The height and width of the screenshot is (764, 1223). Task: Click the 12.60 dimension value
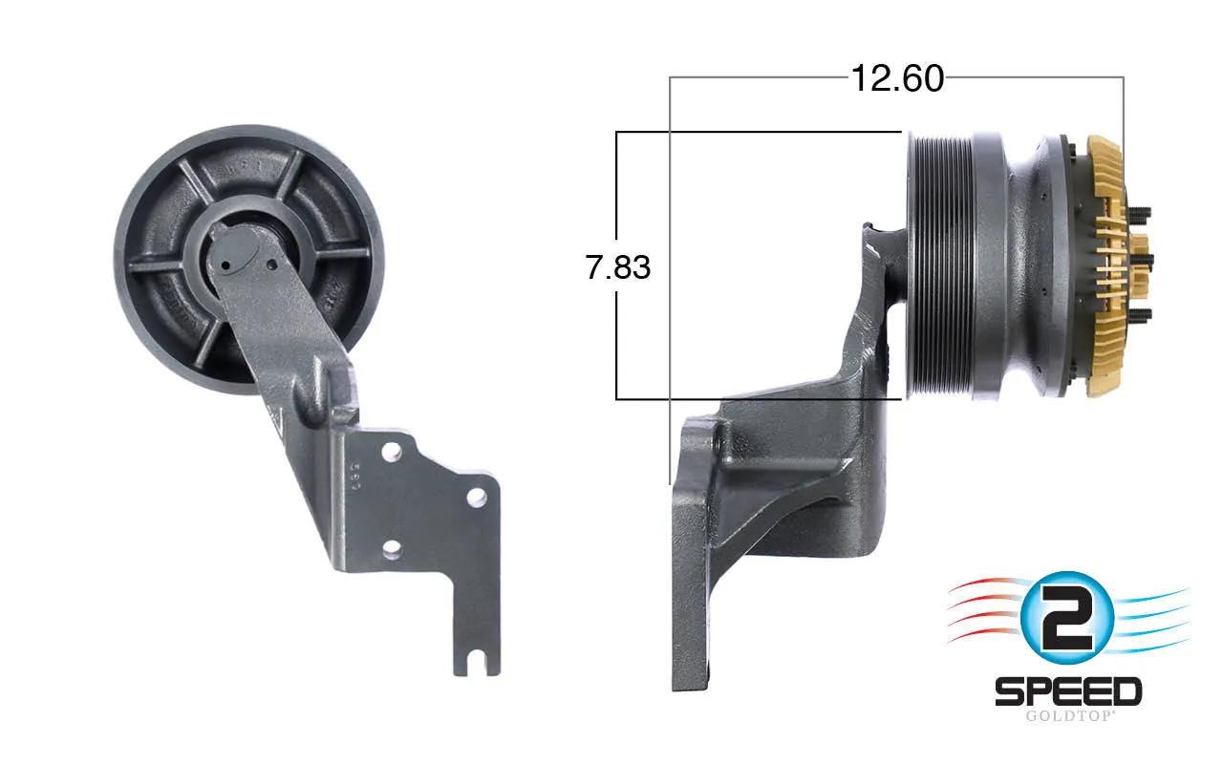click(x=897, y=79)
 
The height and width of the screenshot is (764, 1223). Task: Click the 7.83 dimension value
click(x=617, y=267)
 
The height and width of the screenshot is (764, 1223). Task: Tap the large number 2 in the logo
click(x=1066, y=618)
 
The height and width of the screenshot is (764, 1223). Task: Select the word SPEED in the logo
click(x=1068, y=691)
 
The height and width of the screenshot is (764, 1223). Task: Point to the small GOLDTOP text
click(x=1068, y=716)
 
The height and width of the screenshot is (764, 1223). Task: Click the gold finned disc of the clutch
click(x=1105, y=266)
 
